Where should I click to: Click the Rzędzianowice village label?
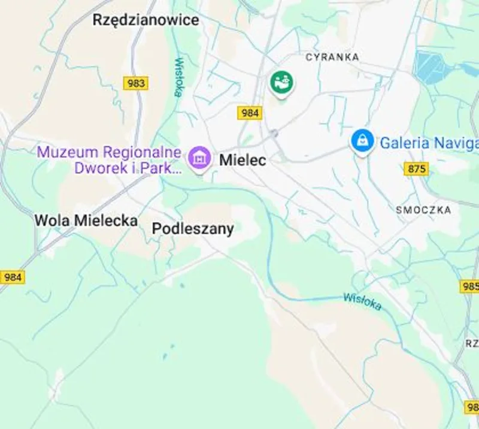(x=145, y=20)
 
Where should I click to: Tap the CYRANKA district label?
(x=332, y=57)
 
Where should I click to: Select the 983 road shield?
(x=136, y=83)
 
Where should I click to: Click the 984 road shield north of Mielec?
(x=250, y=113)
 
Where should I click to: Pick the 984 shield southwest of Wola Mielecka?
(x=13, y=277)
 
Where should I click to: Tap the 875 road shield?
(x=416, y=169)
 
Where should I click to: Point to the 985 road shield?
(x=470, y=286)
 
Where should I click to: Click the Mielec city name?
(x=242, y=160)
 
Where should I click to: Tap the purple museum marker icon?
(x=199, y=158)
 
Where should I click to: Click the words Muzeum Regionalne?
(x=109, y=152)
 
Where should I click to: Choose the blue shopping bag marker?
(x=362, y=142)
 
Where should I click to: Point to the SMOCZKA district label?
(x=423, y=210)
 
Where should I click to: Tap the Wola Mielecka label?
(x=86, y=220)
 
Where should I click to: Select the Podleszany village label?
(x=192, y=228)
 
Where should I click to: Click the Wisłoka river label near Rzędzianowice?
(x=178, y=76)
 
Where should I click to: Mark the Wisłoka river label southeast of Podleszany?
(x=362, y=301)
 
